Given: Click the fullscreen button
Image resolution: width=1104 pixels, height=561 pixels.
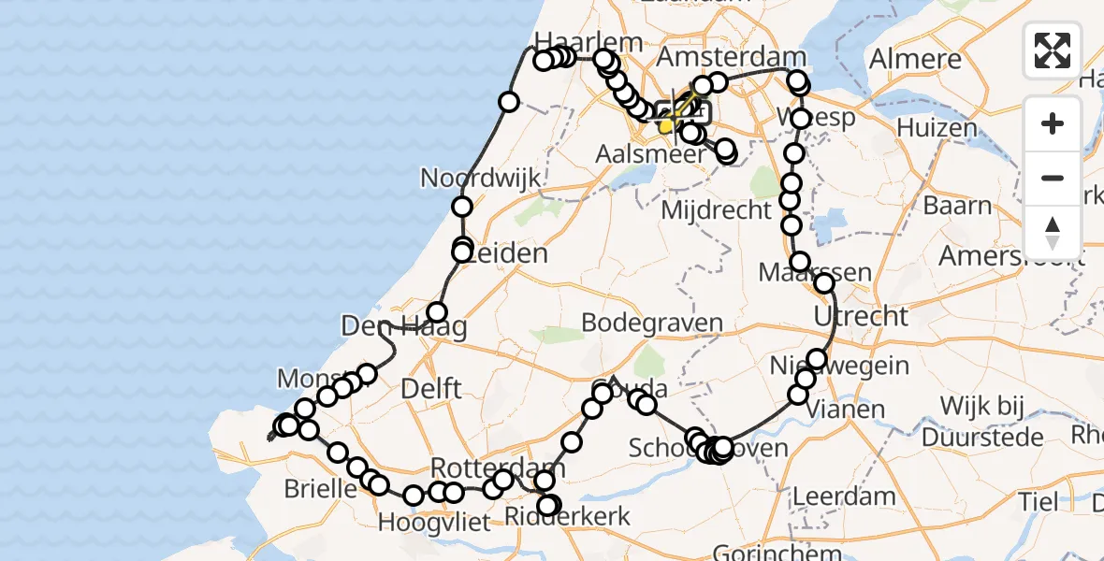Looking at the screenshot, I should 1053,50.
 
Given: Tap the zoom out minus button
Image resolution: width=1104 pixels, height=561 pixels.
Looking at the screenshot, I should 1053,178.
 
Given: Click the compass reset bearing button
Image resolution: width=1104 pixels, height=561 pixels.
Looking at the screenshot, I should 1053,232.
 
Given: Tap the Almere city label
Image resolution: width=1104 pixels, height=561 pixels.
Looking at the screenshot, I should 915,59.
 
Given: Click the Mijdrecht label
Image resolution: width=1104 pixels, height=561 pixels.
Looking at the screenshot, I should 716,209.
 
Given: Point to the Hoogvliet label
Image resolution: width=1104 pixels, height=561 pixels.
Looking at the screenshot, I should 435,522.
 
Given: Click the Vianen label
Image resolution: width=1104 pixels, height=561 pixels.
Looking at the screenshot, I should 846,409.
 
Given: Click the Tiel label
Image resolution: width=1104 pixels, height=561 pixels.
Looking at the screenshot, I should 1039,501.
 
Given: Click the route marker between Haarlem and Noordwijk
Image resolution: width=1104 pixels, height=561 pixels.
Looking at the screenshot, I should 509,101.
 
